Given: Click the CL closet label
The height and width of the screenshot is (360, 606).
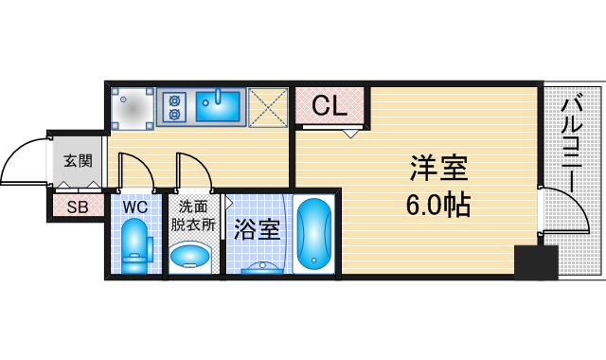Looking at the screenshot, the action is tap(330, 105).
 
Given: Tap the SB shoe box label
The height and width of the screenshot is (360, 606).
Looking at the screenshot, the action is tap(78, 207).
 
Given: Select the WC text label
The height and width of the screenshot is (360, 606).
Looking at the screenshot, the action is tap(135, 207).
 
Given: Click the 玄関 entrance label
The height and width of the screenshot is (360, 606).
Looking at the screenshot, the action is tap(78, 160).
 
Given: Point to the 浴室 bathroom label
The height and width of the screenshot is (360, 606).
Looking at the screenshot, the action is tap(257, 229).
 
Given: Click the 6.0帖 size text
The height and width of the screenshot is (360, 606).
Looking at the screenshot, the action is tap(437, 205).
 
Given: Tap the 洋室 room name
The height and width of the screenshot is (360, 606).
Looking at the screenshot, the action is tap(439, 168).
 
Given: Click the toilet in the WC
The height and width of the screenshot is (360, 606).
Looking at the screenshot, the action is tap(136, 246).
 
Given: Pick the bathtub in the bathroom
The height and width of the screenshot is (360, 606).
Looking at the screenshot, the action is tap(313, 234).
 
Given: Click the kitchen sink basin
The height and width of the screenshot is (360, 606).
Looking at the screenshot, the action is tap(218, 106).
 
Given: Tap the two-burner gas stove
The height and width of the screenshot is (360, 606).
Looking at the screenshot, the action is tap(174, 107).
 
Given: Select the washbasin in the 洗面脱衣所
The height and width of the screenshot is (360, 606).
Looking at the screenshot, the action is tap(189, 257).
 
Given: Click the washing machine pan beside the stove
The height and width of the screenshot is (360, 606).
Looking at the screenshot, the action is tap(133, 109).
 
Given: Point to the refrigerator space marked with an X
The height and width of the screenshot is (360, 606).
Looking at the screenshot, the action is tap(268, 107).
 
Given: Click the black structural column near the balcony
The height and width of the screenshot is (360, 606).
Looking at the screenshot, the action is tap(536, 262).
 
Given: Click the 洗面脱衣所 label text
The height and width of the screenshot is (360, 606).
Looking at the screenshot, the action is tap(193, 216).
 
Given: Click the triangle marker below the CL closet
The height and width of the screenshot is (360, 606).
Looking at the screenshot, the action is tap(351, 134).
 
